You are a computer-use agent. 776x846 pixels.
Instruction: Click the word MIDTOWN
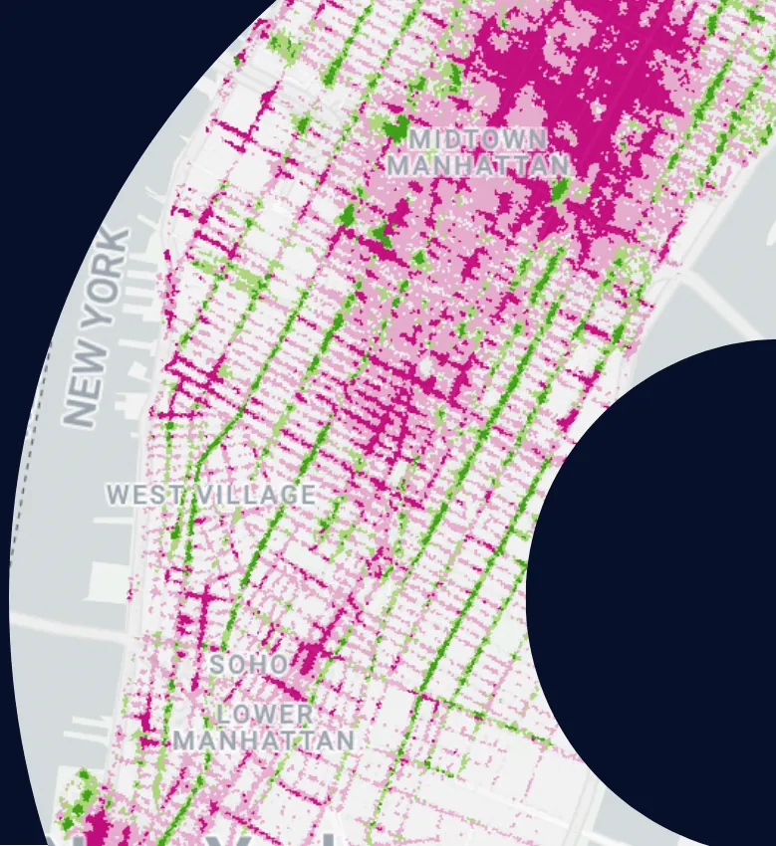[x=477, y=138]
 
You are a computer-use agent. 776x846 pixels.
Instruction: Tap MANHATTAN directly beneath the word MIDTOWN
[x=478, y=164]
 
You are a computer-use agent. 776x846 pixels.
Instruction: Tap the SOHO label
[x=249, y=664]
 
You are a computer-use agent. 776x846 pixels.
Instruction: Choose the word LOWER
[x=265, y=715]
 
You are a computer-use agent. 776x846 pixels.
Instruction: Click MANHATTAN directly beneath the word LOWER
[x=264, y=740]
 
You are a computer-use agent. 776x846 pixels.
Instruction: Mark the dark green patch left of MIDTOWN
[x=395, y=128]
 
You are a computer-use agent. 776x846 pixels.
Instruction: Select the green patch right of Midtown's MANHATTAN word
[x=560, y=189]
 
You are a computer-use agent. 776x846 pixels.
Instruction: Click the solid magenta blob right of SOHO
[x=312, y=655]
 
